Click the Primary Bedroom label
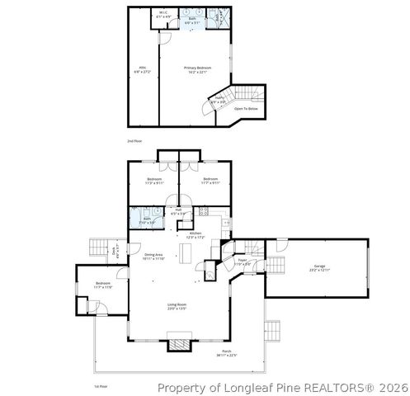point(197,68)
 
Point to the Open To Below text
point(246,108)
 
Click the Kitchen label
point(196,234)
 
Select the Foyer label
point(243,262)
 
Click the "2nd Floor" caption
point(134,141)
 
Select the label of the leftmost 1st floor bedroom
point(102,285)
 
